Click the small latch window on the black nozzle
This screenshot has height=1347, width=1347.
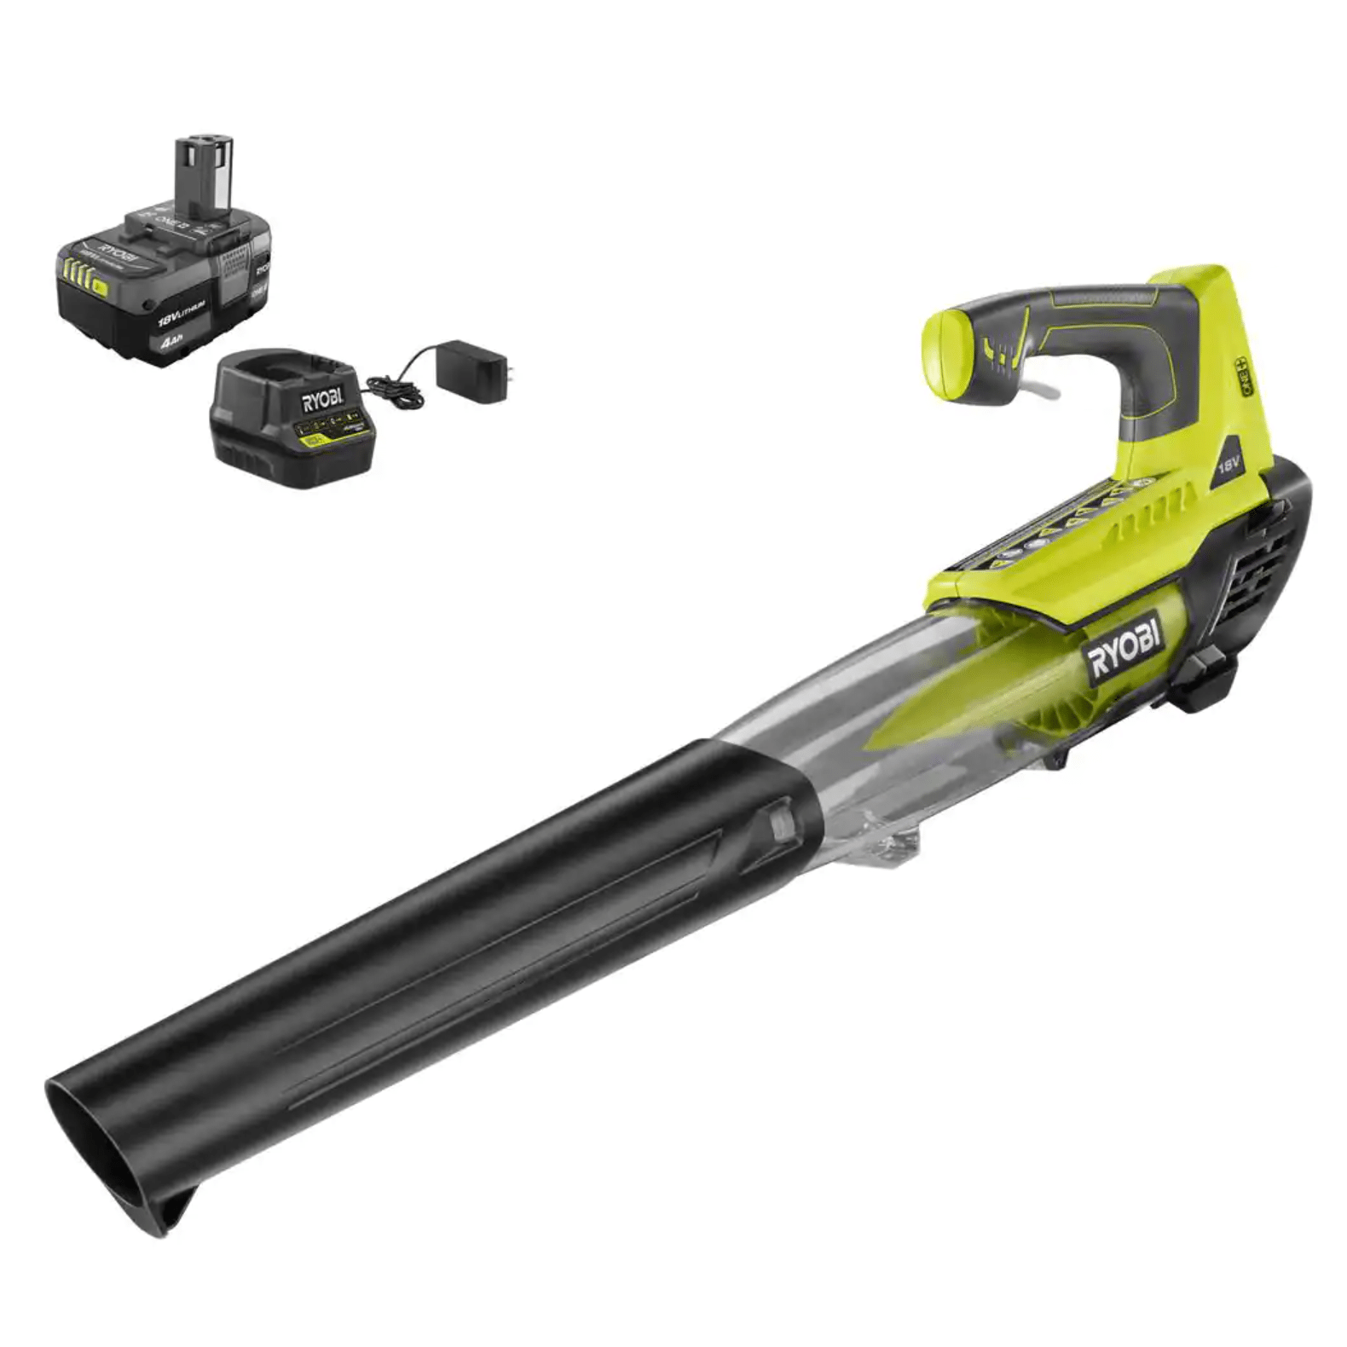pyautogui.click(x=778, y=821)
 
